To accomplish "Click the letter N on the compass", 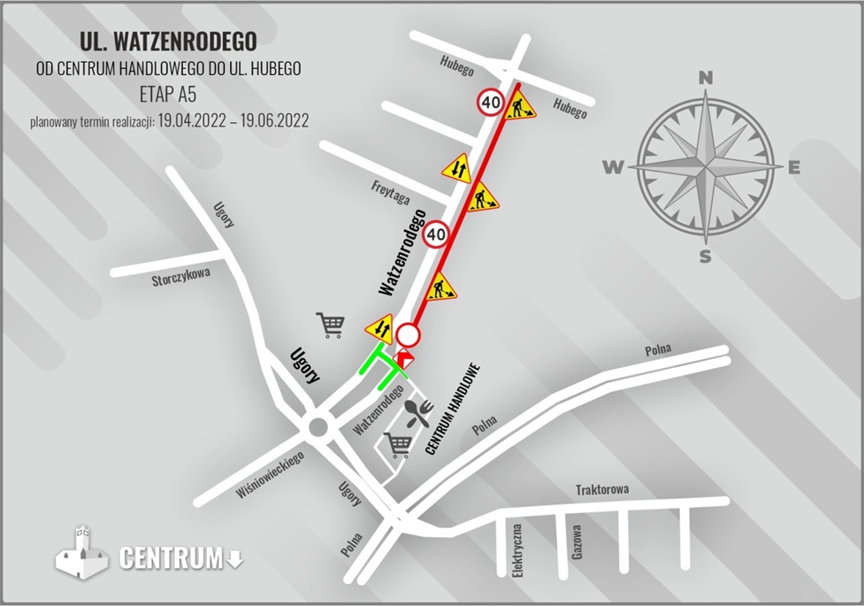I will [706, 78].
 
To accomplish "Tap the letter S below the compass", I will [706, 257].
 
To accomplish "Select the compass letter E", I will [794, 168].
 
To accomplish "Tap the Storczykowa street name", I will [181, 278].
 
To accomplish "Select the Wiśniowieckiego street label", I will [271, 475].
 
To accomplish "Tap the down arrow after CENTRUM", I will [234, 558].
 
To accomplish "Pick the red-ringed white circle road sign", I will [408, 335].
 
